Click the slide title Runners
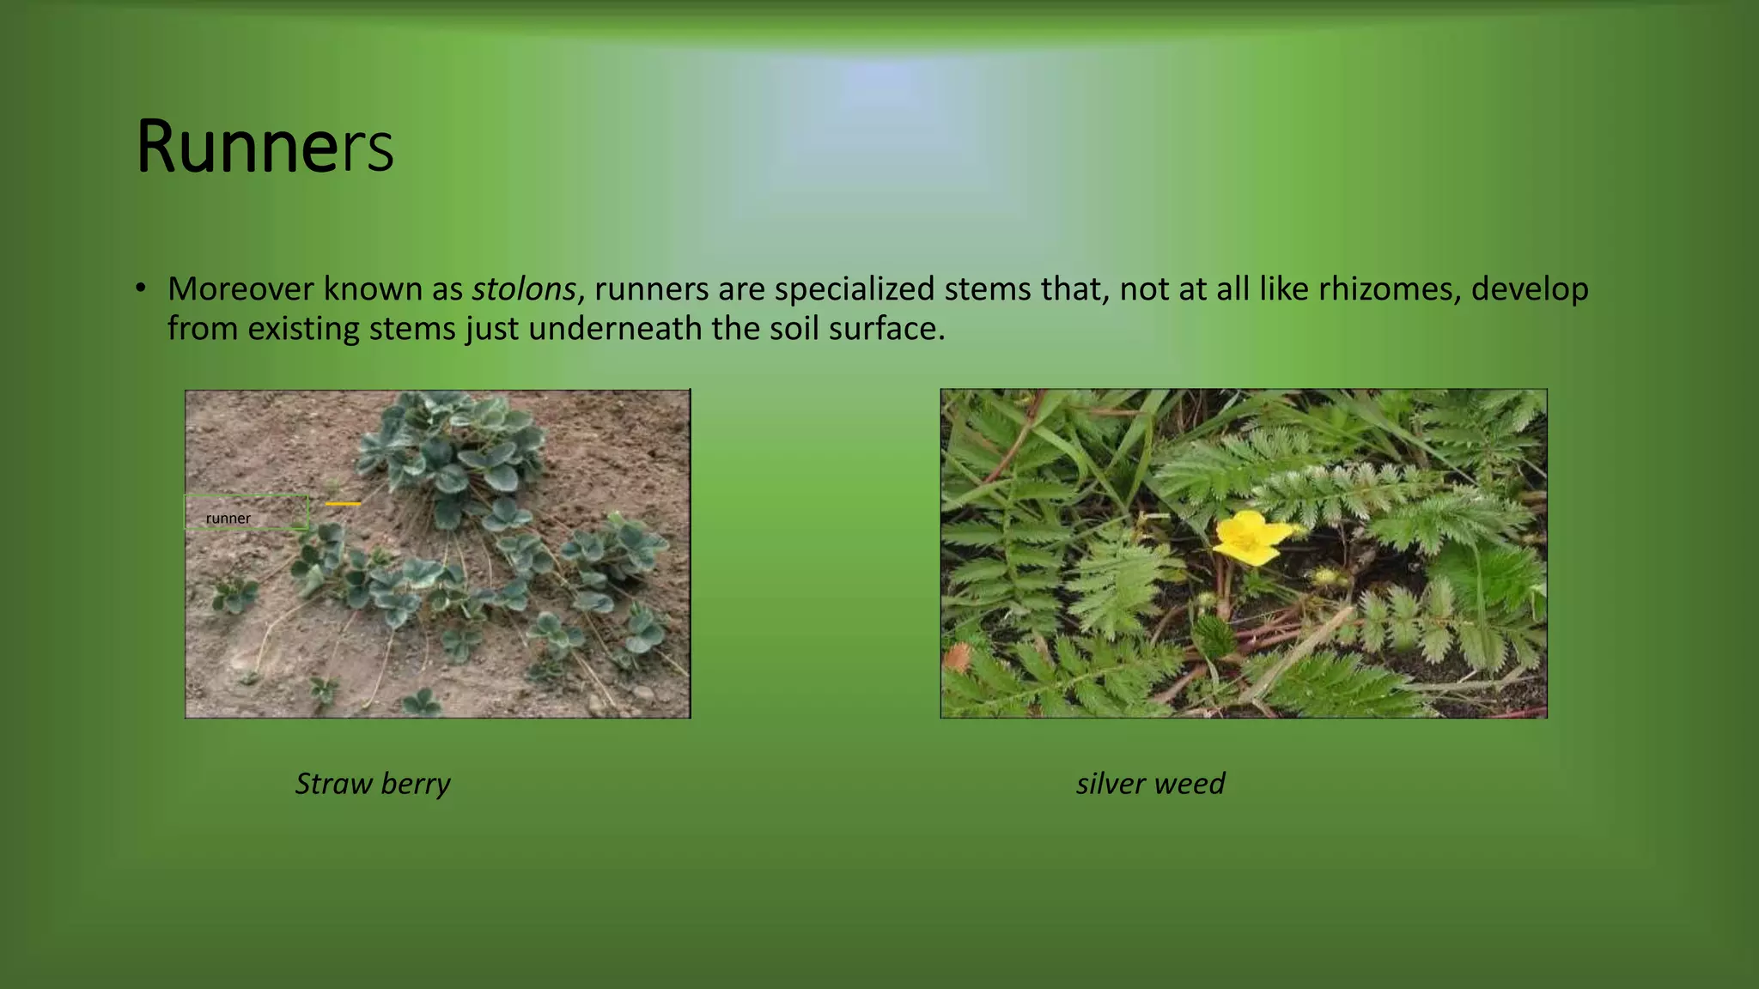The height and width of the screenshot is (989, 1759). pos(265,148)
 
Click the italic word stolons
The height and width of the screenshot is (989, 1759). pos(523,289)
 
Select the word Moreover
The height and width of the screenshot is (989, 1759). pos(240,289)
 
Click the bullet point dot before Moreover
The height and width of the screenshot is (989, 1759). pos(140,288)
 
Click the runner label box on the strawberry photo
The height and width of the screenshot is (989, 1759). pos(247,513)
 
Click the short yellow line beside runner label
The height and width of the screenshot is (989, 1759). pos(343,504)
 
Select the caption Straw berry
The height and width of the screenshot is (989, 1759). pos(372,784)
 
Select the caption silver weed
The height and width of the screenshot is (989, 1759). pos(1150,784)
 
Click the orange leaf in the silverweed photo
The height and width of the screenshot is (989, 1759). pos(956,658)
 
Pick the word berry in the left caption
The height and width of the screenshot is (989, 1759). pos(415,784)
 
